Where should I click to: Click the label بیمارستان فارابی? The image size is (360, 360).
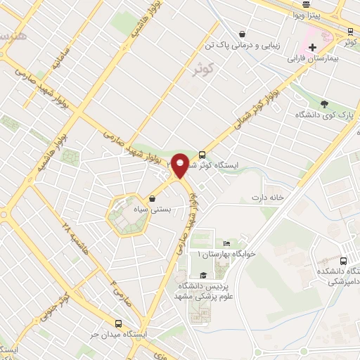click(x=315, y=60)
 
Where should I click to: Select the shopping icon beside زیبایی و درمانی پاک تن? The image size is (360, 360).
click(x=242, y=33)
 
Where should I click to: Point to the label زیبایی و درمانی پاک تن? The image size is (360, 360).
click(x=243, y=46)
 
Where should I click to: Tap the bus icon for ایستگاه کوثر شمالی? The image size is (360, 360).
click(x=202, y=155)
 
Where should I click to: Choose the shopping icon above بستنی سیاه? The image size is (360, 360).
click(x=153, y=199)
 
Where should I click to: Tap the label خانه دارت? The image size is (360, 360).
click(x=271, y=198)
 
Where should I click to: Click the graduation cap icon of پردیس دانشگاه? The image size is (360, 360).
click(x=203, y=275)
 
